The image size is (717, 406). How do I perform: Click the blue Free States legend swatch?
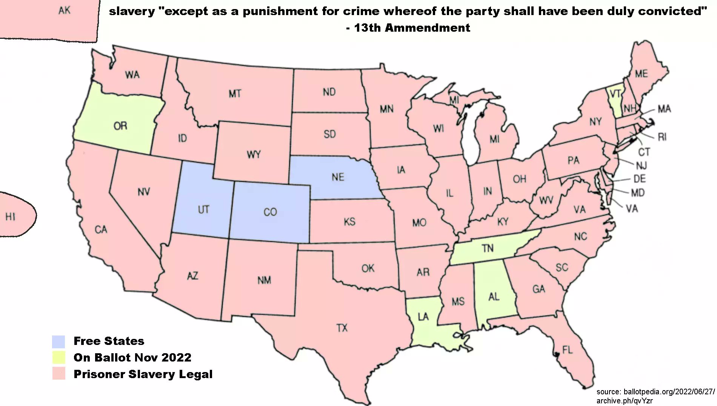pos(58,342)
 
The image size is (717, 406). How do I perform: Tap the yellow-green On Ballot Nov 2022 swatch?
pos(58,357)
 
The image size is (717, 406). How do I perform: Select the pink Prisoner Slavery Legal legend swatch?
pos(58,374)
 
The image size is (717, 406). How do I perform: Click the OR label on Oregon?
pos(120,126)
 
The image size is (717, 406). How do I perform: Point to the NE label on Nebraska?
pos(338,177)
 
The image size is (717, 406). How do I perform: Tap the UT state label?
pos(203,210)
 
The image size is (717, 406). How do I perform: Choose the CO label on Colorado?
pos(270,212)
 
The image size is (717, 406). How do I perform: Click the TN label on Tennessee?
pos(487,248)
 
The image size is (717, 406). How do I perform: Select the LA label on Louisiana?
pos(423,317)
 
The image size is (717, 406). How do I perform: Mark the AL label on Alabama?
pos(494,297)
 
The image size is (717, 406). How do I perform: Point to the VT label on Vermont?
pos(615,93)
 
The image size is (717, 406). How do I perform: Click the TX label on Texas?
pos(342,328)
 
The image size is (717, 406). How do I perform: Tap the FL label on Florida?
pos(567,350)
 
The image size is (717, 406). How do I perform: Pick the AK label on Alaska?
pos(65,11)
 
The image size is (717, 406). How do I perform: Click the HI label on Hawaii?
pos(10,217)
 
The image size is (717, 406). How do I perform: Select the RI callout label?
pos(662,137)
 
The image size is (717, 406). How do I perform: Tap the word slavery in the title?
pos(132,12)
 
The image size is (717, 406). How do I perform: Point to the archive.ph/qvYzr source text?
pos(624,401)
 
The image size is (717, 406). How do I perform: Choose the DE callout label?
pos(639,179)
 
